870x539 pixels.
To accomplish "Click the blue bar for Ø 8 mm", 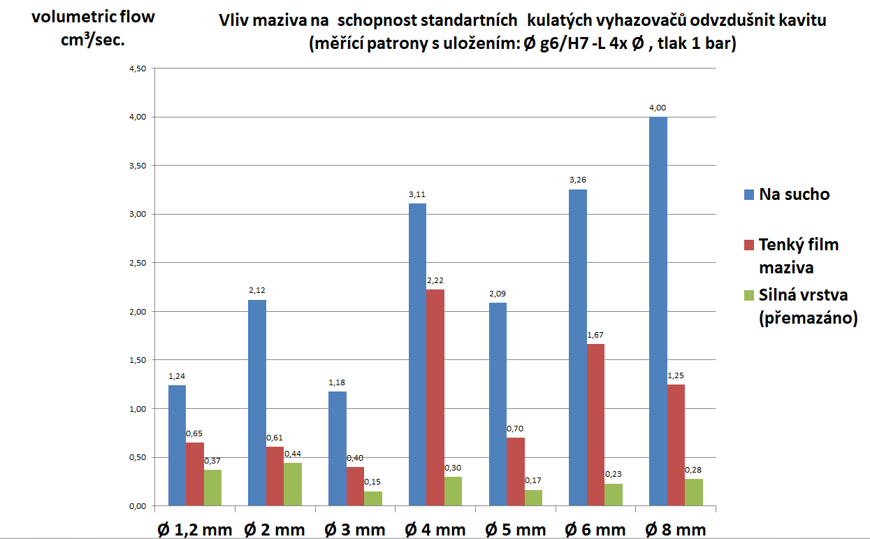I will tap(658, 311).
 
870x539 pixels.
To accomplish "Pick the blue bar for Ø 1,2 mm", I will tap(177, 445).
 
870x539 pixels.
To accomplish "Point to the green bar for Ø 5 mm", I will tap(533, 497).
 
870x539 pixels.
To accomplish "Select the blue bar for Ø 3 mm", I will tap(338, 448).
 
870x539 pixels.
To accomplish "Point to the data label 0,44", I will tap(292, 453).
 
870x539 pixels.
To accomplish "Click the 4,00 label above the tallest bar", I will tap(658, 108).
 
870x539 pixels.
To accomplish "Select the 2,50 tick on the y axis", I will tap(136, 263).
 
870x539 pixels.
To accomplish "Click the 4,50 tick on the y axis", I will tap(136, 69).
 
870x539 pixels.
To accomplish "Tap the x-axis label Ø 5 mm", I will tap(515, 529).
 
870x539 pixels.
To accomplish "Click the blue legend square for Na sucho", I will tap(749, 194).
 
